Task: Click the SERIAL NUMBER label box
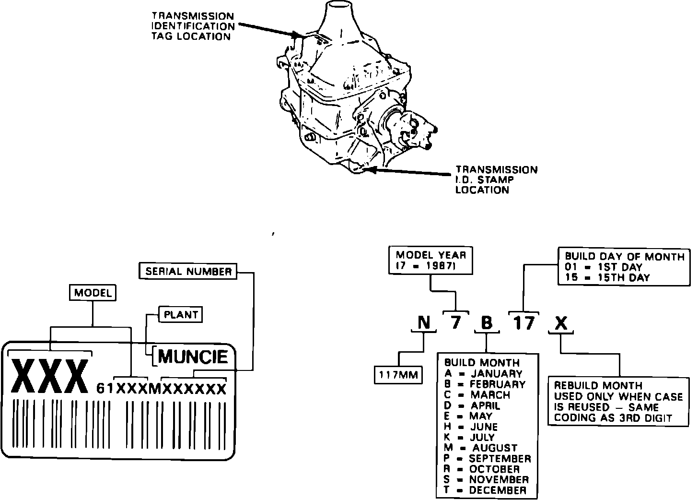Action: [188, 272]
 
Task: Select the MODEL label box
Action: [93, 293]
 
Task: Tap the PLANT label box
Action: [181, 315]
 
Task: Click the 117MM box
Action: [398, 374]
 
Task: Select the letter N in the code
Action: [424, 323]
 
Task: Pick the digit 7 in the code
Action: [455, 322]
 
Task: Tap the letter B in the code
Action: [486, 323]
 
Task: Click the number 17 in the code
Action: [523, 323]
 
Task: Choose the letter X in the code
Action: [560, 324]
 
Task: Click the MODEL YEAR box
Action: [430, 261]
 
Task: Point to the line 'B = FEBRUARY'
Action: [485, 384]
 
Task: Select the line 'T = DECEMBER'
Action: [485, 490]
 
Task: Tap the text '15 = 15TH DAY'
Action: [607, 277]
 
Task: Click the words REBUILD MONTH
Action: [598, 385]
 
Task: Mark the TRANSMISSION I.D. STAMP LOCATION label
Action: [496, 180]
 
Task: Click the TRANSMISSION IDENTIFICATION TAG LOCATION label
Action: [193, 26]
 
